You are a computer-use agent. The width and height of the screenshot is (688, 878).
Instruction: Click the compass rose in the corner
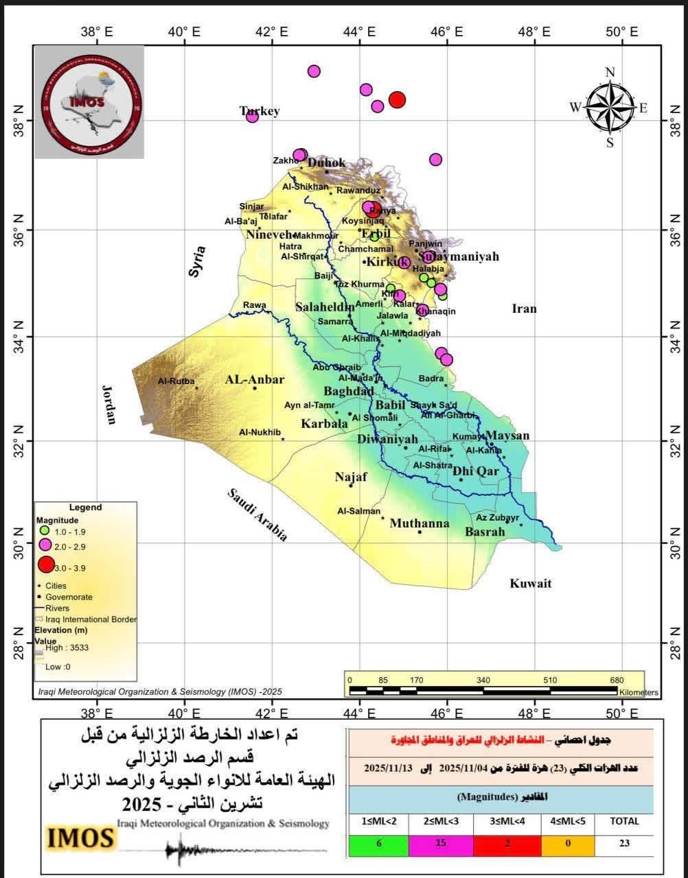[x=610, y=106]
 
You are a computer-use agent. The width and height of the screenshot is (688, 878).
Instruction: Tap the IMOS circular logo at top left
[x=90, y=102]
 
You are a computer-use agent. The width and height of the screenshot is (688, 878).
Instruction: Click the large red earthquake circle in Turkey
[x=397, y=99]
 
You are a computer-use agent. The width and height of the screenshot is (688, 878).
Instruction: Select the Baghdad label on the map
[x=348, y=392]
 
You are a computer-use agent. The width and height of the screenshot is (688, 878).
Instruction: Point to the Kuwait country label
[x=530, y=584]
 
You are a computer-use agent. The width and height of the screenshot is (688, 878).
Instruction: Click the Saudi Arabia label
[x=257, y=515]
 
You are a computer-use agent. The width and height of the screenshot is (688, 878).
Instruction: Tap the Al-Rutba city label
[x=176, y=381]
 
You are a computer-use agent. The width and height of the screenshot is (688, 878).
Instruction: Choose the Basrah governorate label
[x=485, y=532]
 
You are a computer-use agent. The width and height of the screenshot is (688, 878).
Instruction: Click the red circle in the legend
[x=45, y=565]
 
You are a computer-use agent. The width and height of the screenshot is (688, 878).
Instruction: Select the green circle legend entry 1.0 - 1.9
[x=44, y=531]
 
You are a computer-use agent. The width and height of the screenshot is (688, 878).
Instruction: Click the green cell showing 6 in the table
[x=378, y=844]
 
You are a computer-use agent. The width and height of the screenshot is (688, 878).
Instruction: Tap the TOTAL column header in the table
[x=624, y=821]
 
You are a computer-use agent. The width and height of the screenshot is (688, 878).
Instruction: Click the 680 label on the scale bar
[x=617, y=680]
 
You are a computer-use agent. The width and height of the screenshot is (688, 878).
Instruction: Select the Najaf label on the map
[x=351, y=477]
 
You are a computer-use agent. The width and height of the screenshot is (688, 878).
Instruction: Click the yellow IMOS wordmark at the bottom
[x=80, y=838]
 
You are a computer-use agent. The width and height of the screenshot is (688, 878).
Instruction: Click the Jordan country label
[x=110, y=405]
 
